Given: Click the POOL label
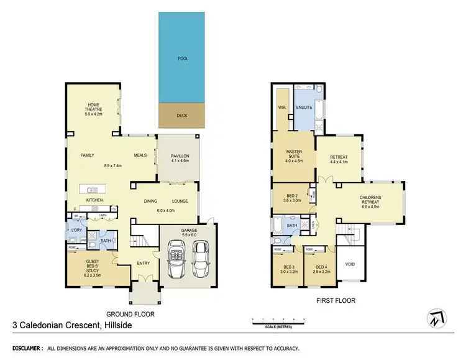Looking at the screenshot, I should [183, 58].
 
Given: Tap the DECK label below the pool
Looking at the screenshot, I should [181, 115].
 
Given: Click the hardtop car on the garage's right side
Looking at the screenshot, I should [201, 259].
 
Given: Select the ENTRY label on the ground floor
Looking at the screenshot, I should [144, 263].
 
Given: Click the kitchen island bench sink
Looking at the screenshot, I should [93, 190].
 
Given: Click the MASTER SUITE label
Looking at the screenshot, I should [293, 155].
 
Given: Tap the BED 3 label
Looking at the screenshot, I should [287, 270].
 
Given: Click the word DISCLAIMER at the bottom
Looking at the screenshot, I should [24, 349].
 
